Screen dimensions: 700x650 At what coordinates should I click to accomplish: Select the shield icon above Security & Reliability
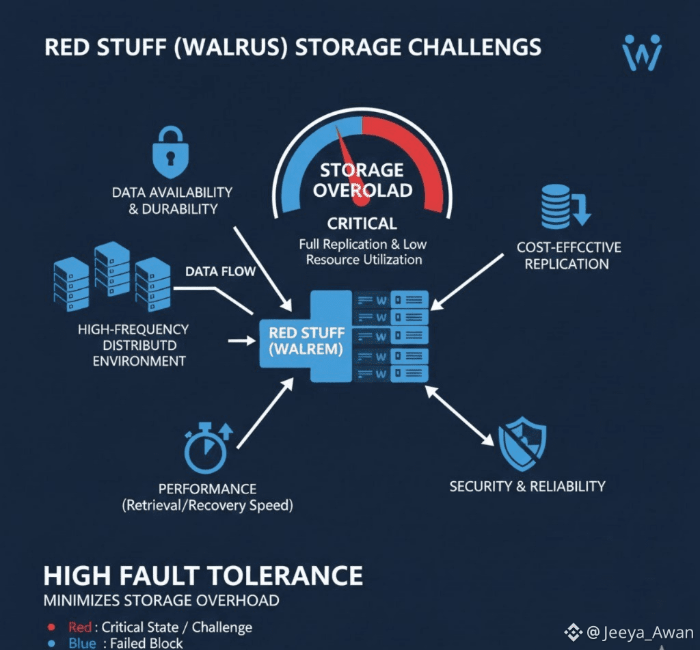pos(522,444)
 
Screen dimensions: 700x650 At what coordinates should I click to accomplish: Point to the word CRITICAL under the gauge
pos(362,224)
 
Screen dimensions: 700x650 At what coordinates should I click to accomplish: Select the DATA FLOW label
pos(220,271)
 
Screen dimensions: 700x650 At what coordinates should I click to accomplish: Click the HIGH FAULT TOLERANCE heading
pos(203,575)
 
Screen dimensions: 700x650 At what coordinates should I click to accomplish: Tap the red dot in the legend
pos(51,627)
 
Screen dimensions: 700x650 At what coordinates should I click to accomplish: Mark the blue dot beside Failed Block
pos(51,643)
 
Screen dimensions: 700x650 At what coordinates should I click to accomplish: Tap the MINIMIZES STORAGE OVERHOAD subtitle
pos(161,601)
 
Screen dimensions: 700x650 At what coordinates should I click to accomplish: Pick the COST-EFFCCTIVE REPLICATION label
pos(569,255)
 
